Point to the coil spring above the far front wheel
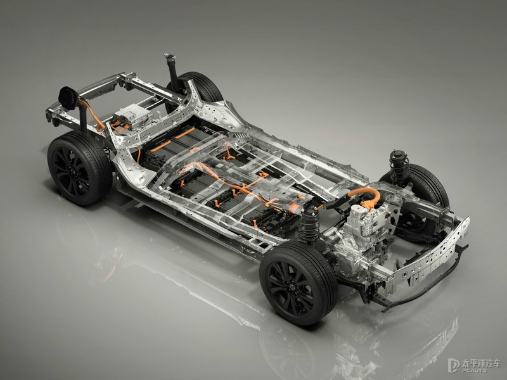[400, 170]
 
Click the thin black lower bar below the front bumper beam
[427, 281]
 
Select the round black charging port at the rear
[69, 98]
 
